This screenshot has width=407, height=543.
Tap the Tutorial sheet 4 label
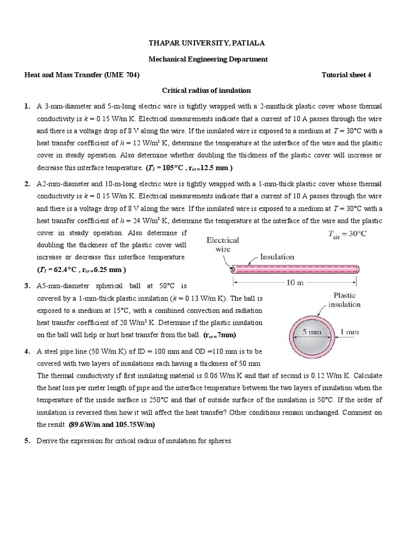(347, 75)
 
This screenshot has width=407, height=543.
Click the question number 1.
(27, 107)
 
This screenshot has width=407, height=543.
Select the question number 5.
(27, 441)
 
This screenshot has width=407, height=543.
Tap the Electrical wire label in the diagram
(223, 244)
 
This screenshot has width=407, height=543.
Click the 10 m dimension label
(294, 283)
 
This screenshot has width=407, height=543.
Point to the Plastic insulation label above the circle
(344, 300)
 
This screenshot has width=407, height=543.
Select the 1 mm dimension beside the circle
(349, 332)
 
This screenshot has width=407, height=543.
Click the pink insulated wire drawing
(294, 268)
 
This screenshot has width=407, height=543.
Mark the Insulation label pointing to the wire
(277, 257)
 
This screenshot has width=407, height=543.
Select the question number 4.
(27, 352)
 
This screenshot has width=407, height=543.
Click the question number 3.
(27, 286)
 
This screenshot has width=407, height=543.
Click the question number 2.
(27, 184)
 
